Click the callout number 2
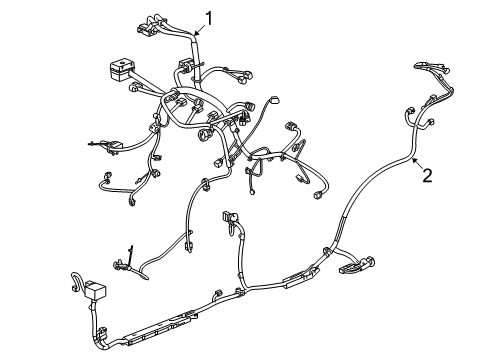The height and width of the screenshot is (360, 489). click(x=427, y=176)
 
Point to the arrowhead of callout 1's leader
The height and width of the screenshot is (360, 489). click(x=196, y=36)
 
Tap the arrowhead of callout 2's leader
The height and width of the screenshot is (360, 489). click(x=411, y=157)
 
